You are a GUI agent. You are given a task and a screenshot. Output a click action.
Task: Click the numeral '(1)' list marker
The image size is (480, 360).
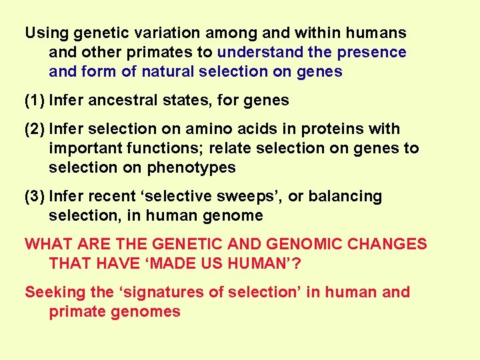[x=35, y=101]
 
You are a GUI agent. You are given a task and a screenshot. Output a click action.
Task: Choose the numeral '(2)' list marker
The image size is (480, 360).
[x=35, y=129]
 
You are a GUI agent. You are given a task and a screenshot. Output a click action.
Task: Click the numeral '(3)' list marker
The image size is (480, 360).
[x=35, y=197]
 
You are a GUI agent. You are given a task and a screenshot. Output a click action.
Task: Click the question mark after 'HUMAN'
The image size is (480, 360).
[x=297, y=263]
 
